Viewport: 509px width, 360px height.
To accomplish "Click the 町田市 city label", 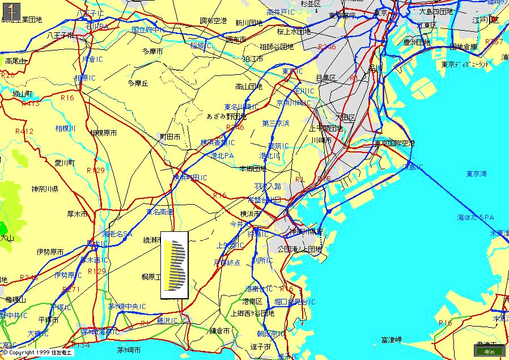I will tap(170, 137).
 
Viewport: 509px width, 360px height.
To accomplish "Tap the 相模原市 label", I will tap(103, 133).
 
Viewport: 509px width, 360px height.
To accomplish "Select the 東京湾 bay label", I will tap(477, 173).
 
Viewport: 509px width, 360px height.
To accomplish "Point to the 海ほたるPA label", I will tap(476, 217).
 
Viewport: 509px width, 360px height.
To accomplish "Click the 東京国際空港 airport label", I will tap(394, 143).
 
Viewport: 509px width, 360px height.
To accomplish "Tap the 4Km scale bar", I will tap(489, 351).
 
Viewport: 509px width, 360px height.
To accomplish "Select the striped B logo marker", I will tap(175, 264).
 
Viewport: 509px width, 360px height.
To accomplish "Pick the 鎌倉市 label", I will tap(219, 331).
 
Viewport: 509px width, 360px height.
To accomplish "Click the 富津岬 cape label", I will tap(391, 340).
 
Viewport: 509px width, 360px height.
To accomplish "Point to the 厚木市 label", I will tap(78, 214).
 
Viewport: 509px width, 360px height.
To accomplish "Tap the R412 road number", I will tap(24, 132).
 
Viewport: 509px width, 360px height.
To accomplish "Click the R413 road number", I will tap(30, 104).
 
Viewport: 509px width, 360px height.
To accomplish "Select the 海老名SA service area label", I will tap(117, 234).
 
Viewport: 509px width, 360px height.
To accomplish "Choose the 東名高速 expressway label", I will tap(160, 211).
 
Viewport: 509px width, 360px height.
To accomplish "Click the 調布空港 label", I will tap(213, 21).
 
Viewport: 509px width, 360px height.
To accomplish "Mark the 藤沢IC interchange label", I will tap(167, 321).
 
